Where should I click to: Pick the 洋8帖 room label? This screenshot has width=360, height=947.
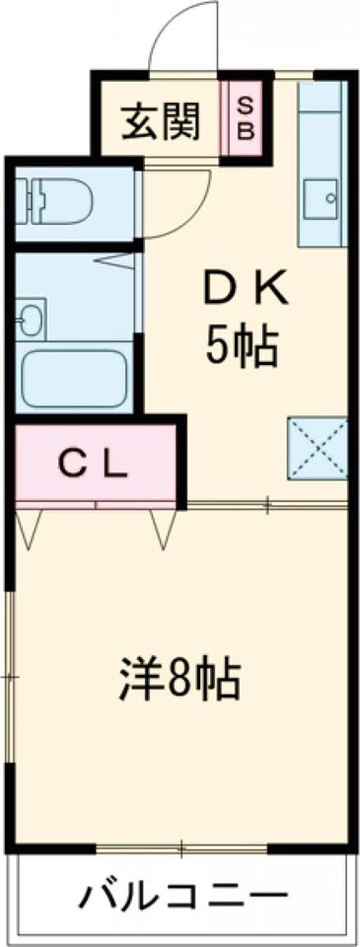point(180,679)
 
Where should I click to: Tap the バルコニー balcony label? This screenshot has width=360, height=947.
point(178,897)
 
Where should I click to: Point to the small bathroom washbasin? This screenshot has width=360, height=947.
point(29,318)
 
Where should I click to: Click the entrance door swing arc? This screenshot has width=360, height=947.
point(181,39)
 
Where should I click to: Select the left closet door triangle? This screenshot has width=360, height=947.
point(29,527)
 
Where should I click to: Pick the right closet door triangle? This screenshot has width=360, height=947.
point(162,527)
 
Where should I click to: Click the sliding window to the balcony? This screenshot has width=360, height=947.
point(181,847)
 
